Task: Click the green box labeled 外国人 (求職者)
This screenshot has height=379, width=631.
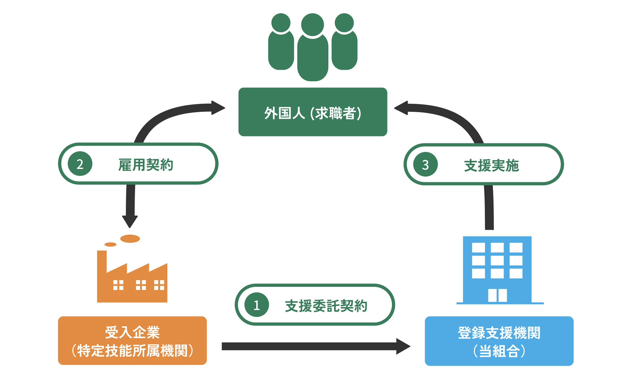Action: [x=313, y=112]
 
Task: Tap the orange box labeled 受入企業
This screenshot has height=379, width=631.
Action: [x=132, y=341]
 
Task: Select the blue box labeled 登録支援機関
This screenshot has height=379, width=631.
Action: [x=499, y=341]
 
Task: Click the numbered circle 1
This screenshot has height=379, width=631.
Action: [x=257, y=305]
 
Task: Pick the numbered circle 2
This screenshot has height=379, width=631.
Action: [x=80, y=164]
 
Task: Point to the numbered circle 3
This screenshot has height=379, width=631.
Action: [x=425, y=164]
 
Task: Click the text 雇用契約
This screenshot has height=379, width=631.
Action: [x=146, y=164]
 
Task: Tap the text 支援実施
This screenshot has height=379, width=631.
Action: [x=491, y=165]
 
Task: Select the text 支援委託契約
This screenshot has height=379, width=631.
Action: [x=326, y=306]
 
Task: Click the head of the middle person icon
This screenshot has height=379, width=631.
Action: [x=312, y=24]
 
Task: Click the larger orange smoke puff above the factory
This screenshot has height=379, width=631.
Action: [x=130, y=239]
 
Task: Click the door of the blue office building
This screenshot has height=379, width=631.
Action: [x=497, y=295]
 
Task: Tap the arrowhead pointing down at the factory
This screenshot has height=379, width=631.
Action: [x=130, y=221]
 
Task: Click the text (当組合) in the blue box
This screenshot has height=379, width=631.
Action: [x=499, y=351]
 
